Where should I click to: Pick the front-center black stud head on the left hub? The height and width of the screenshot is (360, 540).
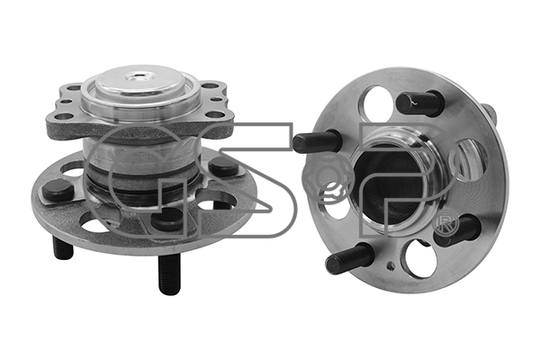point(167,217)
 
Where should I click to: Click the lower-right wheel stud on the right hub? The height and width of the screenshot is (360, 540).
point(459,229)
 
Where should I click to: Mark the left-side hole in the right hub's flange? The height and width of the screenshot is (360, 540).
point(334,198)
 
